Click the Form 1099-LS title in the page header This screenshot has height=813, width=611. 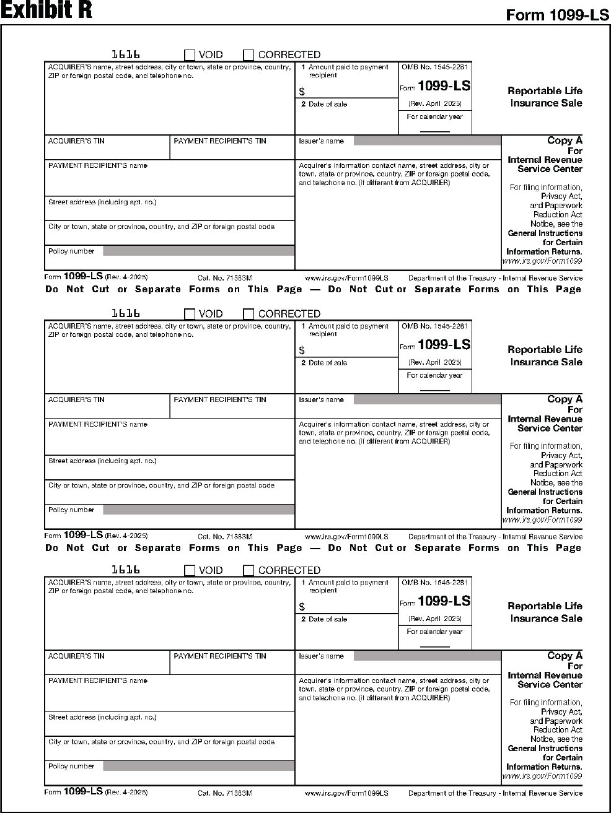tap(557, 15)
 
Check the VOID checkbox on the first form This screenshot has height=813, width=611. tap(190, 55)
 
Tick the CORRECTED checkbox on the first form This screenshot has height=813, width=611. tap(248, 55)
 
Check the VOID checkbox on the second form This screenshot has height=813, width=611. tap(190, 314)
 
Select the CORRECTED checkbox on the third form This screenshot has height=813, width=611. tap(248, 570)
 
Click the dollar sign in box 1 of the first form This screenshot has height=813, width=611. tap(302, 92)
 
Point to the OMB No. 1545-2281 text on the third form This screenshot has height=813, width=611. tap(434, 583)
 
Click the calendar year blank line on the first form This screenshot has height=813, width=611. tap(434, 131)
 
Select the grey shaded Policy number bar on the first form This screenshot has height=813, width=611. tap(198, 251)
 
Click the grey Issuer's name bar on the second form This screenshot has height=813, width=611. tap(427, 399)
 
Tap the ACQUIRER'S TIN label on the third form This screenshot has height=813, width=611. tap(76, 656)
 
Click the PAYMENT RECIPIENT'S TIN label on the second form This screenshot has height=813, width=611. tap(220, 400)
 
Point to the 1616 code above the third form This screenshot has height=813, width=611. tap(125, 570)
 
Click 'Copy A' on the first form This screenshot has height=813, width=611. tap(565, 141)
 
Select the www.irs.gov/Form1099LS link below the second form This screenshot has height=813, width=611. tap(346, 537)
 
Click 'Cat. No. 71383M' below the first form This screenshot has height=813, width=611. tap(225, 278)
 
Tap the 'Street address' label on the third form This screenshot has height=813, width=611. tap(102, 718)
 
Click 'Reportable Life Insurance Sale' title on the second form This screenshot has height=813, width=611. tap(545, 356)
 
